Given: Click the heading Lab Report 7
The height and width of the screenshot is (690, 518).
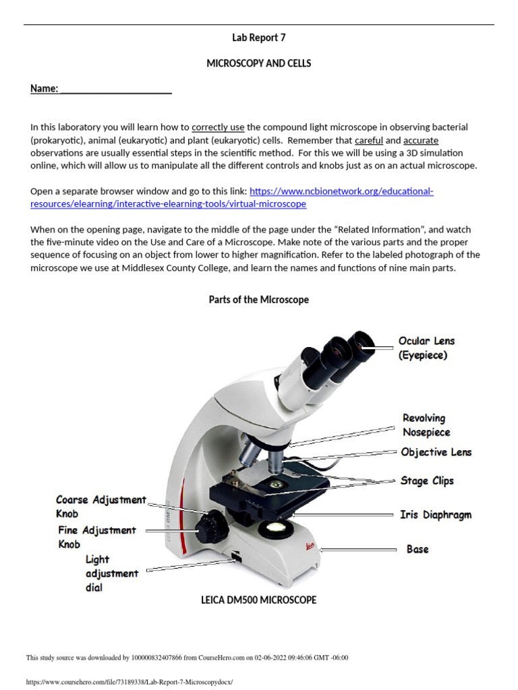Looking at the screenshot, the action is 258,38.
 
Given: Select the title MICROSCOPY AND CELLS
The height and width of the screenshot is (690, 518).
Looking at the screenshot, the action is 258,63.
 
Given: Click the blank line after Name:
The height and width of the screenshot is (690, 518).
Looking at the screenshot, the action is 116,93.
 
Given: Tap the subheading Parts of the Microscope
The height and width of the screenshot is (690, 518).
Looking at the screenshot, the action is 258,300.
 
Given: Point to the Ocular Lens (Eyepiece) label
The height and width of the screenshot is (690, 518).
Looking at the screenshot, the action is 426,348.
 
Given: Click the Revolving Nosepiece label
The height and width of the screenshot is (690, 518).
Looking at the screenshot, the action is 426,425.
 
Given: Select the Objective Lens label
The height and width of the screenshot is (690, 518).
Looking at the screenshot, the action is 436,452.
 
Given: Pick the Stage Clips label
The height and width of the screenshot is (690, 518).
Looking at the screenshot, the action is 427,481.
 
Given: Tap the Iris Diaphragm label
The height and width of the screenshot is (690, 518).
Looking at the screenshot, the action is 436,515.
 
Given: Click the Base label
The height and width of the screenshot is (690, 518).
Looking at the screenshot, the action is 418,549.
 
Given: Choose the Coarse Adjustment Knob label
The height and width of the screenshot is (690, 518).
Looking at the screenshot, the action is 101,507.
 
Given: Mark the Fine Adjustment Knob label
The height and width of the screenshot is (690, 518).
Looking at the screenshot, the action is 97,537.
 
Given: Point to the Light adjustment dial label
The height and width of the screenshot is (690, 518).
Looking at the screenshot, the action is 112,573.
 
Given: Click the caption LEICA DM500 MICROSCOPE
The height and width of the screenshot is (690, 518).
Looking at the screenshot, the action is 258,600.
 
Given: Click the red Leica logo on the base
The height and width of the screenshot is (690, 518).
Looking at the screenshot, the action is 310,546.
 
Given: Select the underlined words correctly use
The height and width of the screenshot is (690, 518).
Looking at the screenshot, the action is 218,127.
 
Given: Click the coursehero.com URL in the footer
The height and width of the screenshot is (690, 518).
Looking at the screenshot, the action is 129,682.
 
